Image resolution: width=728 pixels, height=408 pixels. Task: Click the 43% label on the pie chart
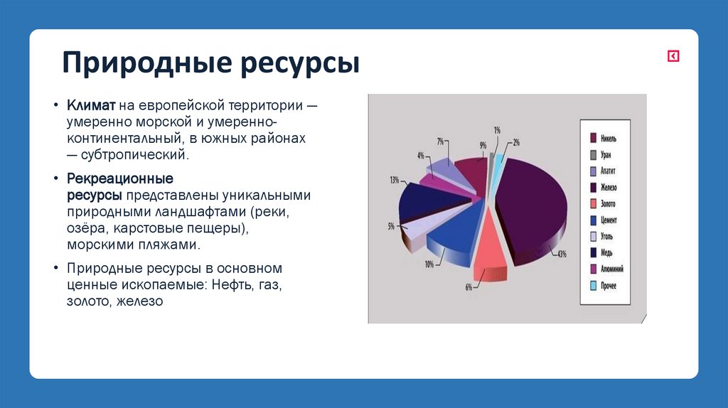point(562,254)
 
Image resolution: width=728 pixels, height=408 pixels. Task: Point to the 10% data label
point(429,264)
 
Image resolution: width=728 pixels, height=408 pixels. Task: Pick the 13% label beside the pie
point(394,180)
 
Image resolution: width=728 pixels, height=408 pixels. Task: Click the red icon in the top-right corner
point(673,56)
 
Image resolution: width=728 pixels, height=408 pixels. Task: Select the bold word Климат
point(91,105)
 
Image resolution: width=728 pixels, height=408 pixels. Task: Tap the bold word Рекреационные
point(120,178)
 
